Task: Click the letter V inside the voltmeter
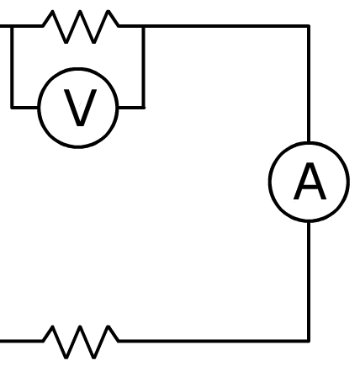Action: tap(80, 108)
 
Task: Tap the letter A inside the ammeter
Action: tap(310, 182)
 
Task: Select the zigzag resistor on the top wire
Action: tap(81, 27)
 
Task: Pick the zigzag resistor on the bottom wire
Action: tap(81, 342)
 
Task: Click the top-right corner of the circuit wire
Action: tap(309, 26)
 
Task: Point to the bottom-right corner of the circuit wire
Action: tap(309, 341)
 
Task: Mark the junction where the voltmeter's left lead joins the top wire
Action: tap(12, 26)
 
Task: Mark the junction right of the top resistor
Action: tap(144, 26)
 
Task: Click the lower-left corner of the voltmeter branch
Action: tap(12, 107)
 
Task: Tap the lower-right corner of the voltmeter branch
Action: tap(144, 107)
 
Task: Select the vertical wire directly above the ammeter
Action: tap(309, 83)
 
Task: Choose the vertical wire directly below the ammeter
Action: tap(309, 281)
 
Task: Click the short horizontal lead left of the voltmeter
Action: tap(25, 107)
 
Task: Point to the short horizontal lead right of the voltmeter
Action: tap(131, 107)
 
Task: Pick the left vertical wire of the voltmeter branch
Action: tap(12, 66)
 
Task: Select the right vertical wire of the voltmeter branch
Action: tap(144, 66)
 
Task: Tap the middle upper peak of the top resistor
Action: tap(80, 11)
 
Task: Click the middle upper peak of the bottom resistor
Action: tap(80, 326)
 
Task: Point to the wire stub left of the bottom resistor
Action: tap(21, 341)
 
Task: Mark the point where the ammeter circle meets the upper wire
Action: tap(309, 142)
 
